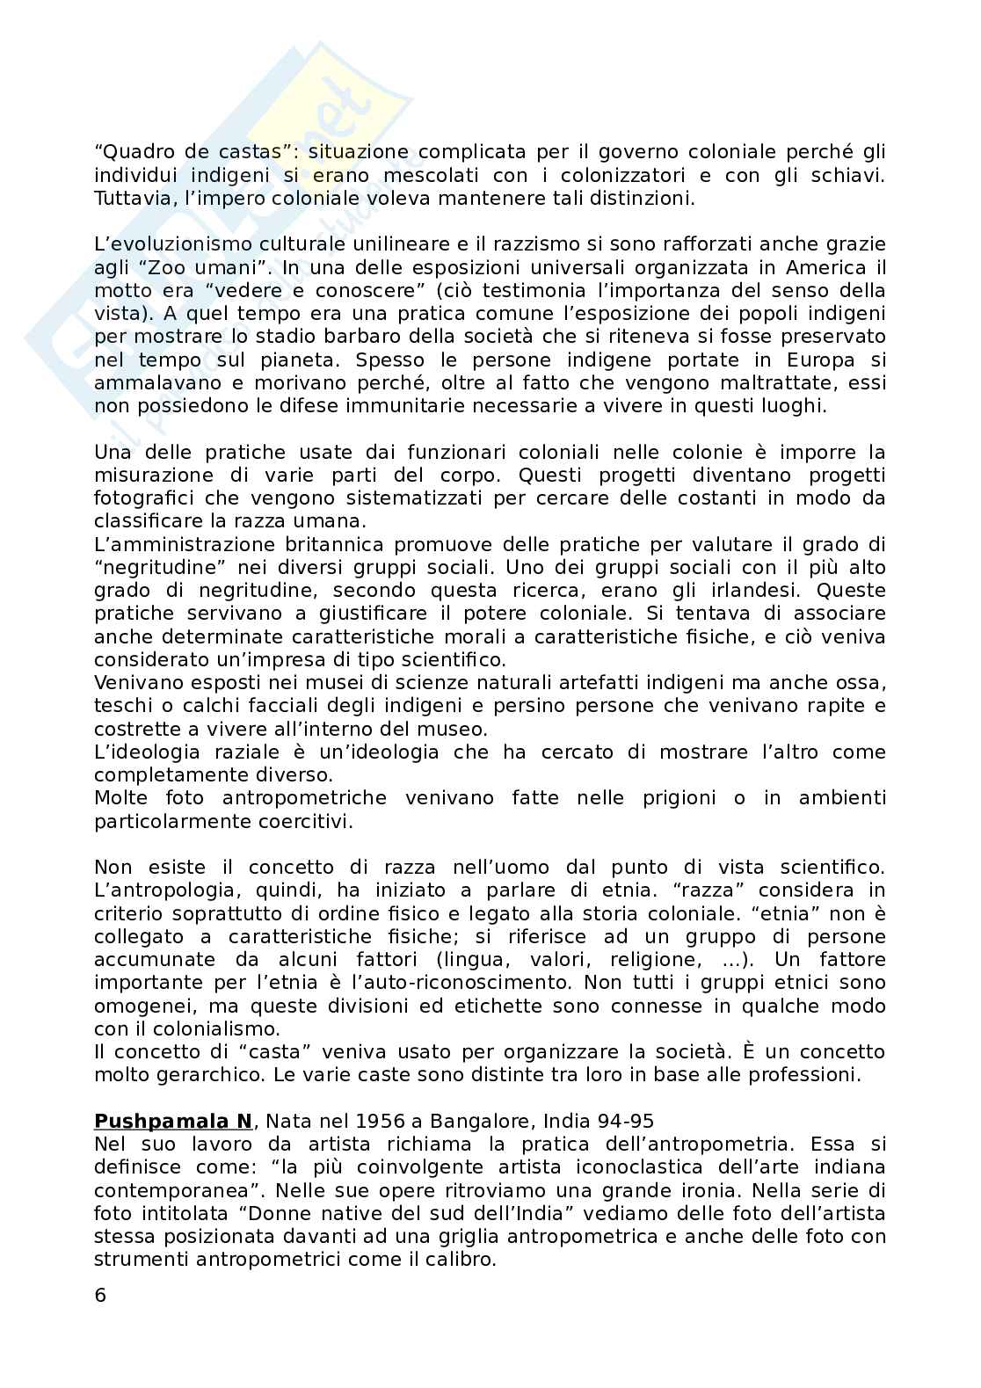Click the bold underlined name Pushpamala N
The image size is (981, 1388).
(x=173, y=1121)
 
